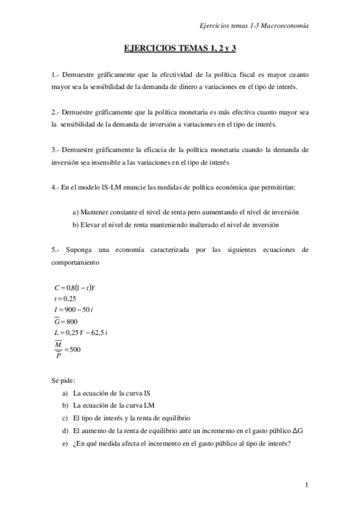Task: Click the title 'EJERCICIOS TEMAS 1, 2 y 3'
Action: point(180,49)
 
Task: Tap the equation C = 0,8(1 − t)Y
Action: point(75,287)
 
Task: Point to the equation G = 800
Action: point(66,321)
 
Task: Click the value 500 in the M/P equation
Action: point(75,349)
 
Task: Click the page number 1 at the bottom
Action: point(307,485)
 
